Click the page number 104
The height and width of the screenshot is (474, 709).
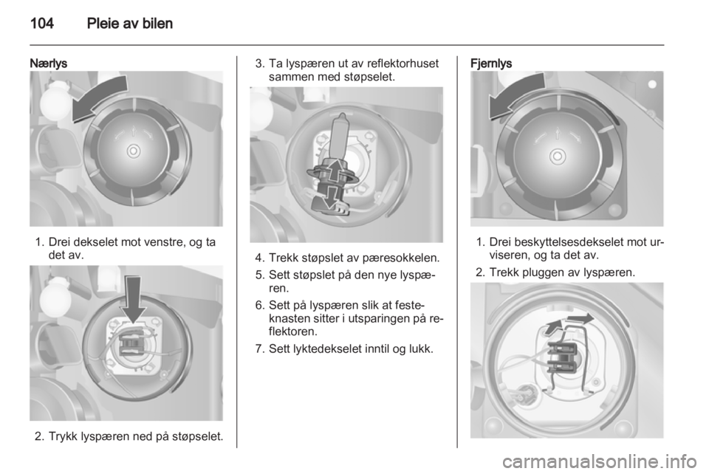tap(42, 23)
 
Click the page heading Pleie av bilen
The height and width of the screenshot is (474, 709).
tap(130, 23)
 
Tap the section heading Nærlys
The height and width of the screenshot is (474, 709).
tap(49, 63)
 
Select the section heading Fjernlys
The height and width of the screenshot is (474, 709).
tap(491, 63)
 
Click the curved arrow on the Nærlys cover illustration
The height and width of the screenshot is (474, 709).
tap(97, 97)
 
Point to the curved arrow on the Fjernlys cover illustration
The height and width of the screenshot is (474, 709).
tap(516, 96)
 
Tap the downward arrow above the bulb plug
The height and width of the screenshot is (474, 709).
tap(134, 299)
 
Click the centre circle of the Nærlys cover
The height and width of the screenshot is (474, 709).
tap(134, 151)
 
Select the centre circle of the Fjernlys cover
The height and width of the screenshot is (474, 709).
tap(558, 157)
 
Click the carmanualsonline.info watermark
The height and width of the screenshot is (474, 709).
tap(601, 461)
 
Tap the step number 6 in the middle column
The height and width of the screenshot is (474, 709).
tap(259, 306)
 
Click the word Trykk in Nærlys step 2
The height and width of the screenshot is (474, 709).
tap(62, 436)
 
